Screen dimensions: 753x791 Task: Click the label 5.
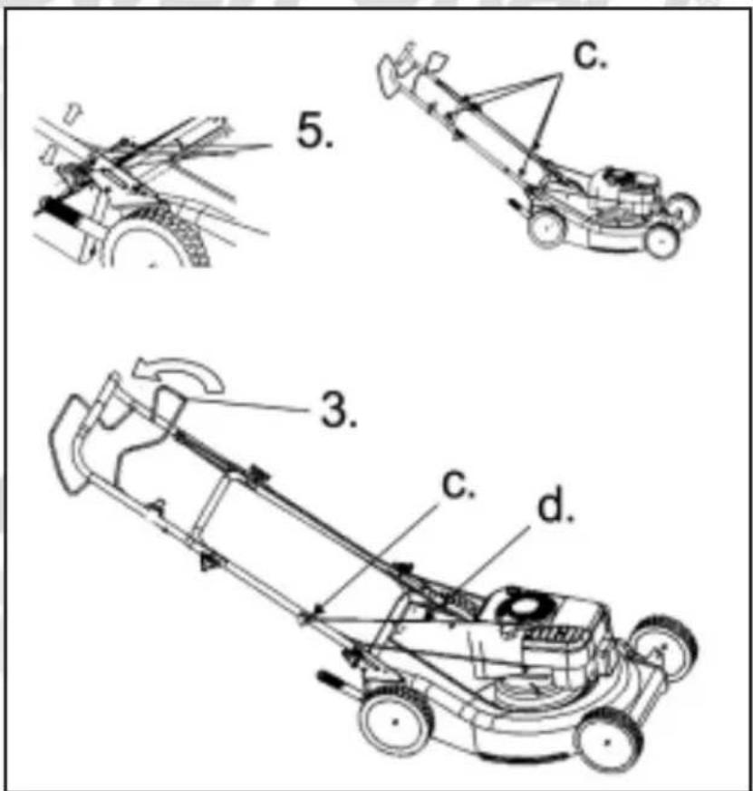(x=314, y=130)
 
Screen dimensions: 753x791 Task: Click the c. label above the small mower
(x=591, y=54)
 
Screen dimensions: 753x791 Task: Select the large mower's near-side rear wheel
(x=396, y=721)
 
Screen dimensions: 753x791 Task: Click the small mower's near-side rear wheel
(x=546, y=227)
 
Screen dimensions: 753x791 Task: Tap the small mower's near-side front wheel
(x=661, y=240)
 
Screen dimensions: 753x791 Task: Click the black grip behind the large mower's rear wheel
(x=335, y=680)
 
